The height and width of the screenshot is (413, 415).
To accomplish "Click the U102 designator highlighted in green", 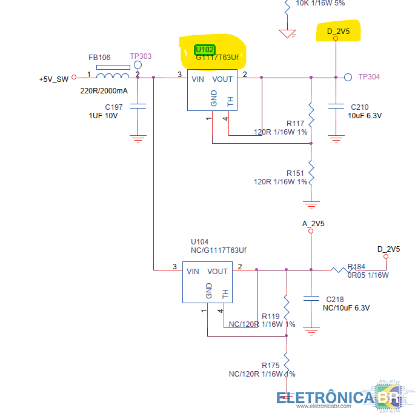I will (x=205, y=49).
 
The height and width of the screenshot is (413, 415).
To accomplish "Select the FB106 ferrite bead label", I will (x=99, y=58).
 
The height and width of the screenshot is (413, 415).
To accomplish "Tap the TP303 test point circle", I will (x=138, y=65).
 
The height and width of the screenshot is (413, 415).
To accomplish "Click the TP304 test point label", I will (x=368, y=77).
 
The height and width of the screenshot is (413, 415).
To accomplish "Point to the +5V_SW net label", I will (x=54, y=79).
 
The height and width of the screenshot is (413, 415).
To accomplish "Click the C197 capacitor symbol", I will (x=138, y=107).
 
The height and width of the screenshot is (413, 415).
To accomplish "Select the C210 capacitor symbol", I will (x=336, y=107).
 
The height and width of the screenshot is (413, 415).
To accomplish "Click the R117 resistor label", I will (x=296, y=124).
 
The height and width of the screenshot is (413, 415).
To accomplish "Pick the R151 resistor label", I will (x=296, y=173).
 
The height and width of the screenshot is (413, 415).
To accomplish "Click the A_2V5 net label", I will (x=313, y=224).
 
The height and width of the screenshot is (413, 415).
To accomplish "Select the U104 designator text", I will (x=199, y=241).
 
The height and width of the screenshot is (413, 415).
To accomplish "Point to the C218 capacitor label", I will (x=334, y=300).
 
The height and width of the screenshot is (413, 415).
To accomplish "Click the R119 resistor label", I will (x=270, y=316).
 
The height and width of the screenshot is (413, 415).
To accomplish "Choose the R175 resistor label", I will (x=270, y=365).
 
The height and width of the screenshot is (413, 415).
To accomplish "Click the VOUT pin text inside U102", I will (x=222, y=79).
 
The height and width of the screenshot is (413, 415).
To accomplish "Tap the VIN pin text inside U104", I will (x=193, y=272).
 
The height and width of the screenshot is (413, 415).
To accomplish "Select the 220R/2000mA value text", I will (x=104, y=91).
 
